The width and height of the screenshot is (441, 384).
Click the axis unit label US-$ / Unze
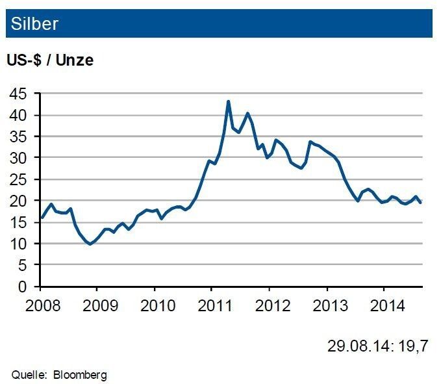click(50, 60)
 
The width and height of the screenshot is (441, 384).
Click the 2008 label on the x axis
click(40, 304)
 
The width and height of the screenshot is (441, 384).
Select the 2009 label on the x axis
click(97, 304)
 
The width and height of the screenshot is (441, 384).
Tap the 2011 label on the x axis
click(212, 304)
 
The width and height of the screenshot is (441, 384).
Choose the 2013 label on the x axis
click(327, 304)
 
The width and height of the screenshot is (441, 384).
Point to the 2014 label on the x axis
click(384, 304)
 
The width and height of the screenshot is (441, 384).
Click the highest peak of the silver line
click(229, 101)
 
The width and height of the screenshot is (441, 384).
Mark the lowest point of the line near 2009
click(90, 244)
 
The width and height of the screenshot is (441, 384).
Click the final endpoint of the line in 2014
click(420, 203)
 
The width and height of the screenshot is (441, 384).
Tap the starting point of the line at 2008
click(41, 218)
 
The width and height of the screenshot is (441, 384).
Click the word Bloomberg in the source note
click(81, 374)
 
